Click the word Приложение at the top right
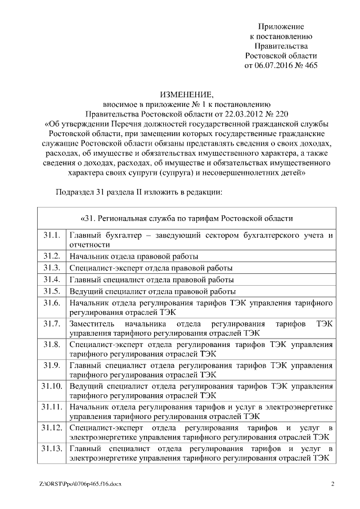coord(281,26)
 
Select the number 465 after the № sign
coord(310,65)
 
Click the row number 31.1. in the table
coord(51,235)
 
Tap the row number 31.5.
coord(51,291)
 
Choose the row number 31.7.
coord(51,324)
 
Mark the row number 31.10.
coord(51,386)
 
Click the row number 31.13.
coord(51,449)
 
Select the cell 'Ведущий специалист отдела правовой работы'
coord(152,292)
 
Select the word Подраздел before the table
coord(75,192)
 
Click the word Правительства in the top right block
coord(281,46)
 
